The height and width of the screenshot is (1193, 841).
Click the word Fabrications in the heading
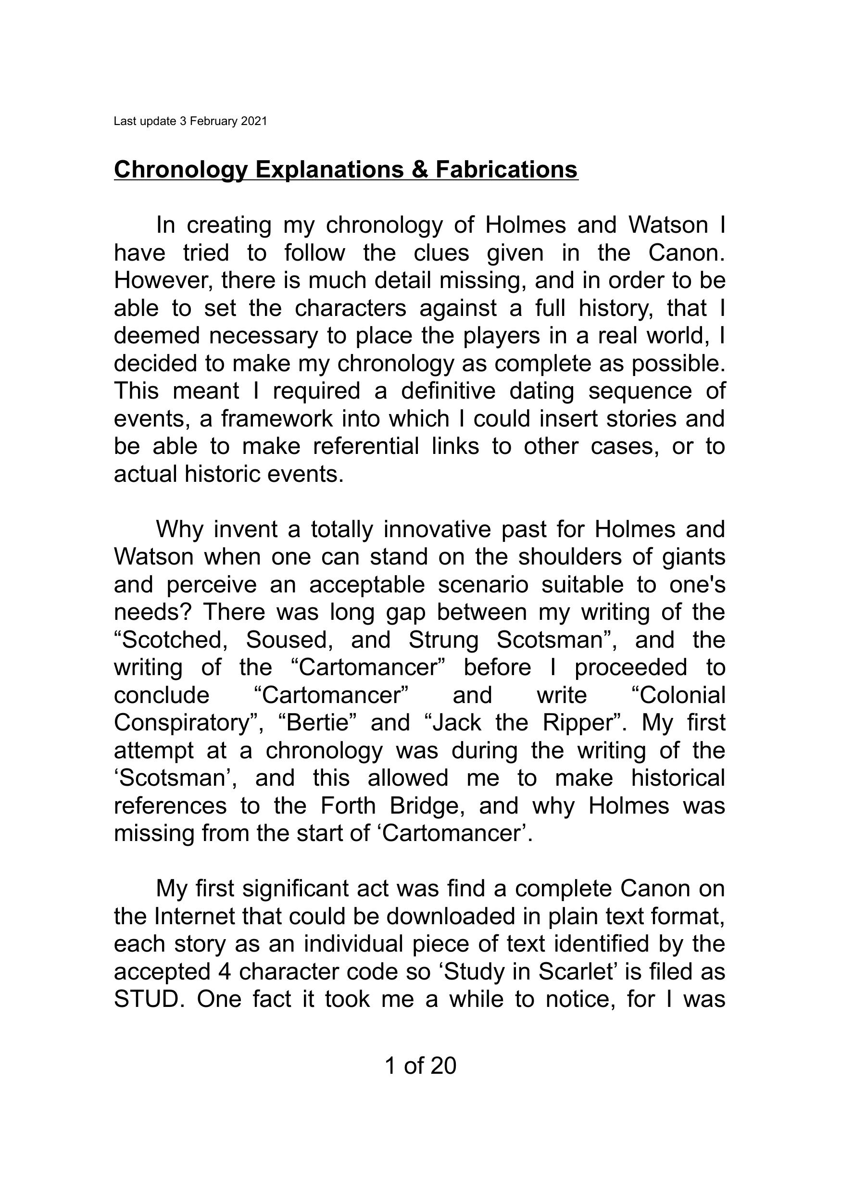(506, 169)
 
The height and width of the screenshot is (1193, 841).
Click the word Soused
(289, 640)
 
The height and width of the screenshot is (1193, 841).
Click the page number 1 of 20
(420, 1065)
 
